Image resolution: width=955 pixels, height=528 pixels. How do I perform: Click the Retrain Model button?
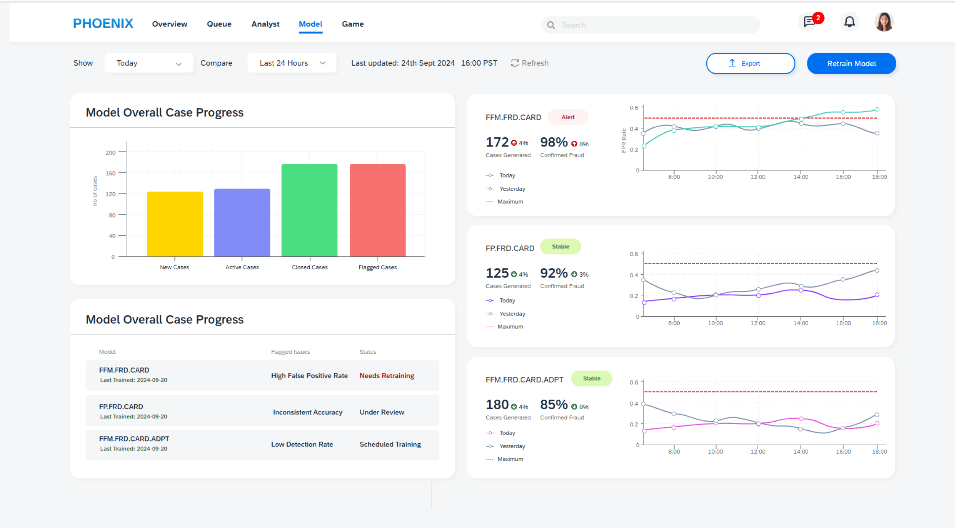click(851, 63)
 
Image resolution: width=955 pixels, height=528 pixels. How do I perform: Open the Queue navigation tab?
click(219, 24)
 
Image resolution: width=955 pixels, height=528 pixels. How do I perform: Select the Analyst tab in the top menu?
click(265, 24)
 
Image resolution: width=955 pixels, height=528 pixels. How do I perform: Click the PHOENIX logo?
click(103, 24)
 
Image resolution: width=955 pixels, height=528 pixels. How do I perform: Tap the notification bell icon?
click(849, 22)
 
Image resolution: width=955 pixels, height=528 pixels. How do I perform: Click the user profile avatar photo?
click(884, 22)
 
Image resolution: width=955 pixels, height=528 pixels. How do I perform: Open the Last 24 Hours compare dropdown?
click(292, 63)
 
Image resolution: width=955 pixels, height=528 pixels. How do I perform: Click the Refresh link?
click(529, 63)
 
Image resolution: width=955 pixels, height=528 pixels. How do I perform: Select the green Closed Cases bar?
click(309, 210)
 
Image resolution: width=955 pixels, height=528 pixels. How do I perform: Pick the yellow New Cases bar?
click(175, 224)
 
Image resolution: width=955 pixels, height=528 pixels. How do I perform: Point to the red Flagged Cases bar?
click(378, 210)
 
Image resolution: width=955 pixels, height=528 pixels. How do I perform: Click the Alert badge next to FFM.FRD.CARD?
click(568, 117)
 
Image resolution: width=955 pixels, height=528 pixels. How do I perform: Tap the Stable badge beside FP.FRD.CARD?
click(561, 246)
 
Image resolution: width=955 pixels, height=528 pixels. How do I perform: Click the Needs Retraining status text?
click(387, 376)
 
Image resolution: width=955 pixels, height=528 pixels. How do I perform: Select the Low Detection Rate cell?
click(302, 444)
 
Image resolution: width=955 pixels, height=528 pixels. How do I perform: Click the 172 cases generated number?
click(497, 142)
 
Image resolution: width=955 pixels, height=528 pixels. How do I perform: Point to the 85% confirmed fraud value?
click(554, 404)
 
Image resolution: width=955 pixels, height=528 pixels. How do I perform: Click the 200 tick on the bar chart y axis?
click(111, 153)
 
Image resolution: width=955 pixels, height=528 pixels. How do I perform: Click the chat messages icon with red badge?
click(809, 22)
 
